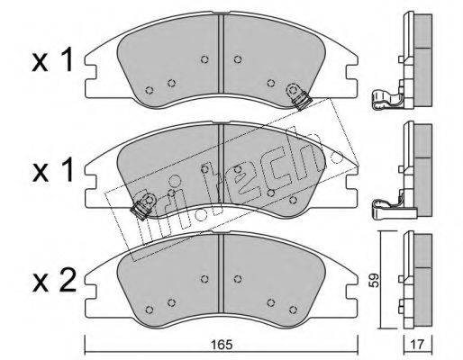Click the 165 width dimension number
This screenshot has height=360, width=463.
point(222,345)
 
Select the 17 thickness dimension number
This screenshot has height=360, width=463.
point(418,345)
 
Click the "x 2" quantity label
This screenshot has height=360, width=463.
point(54,282)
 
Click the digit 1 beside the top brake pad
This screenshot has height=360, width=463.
point(67,59)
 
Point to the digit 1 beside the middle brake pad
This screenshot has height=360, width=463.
point(67,170)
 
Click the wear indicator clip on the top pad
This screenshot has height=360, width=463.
point(299,96)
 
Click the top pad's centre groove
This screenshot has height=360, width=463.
point(221,54)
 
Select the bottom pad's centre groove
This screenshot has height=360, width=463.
point(221,274)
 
